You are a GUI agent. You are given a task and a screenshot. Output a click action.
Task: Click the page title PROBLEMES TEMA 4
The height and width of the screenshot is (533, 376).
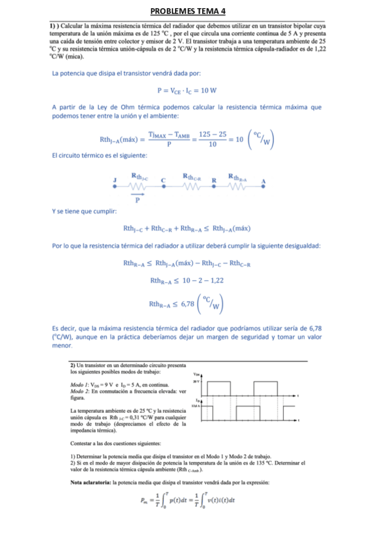[x=188, y=12]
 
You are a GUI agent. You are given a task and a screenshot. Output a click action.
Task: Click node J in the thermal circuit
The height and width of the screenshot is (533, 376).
[x=115, y=180]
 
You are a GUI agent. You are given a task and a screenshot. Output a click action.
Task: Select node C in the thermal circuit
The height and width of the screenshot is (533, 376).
[x=164, y=180]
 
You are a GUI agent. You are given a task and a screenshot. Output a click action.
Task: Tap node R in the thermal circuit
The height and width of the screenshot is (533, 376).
[x=214, y=180]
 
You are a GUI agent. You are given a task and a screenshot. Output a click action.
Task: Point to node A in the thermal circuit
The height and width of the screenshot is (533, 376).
[x=264, y=180]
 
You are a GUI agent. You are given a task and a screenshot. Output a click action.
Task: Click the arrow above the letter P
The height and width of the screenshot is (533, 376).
[x=137, y=194]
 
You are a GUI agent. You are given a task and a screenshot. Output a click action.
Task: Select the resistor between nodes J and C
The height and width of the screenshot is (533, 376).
[x=139, y=185]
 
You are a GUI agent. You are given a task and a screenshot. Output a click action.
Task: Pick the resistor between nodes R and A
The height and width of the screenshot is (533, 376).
[x=239, y=185]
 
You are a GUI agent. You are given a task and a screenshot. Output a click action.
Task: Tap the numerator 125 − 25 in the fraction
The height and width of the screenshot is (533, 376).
[x=213, y=132]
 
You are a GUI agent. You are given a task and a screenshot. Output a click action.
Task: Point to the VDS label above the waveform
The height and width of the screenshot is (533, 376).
[x=196, y=373]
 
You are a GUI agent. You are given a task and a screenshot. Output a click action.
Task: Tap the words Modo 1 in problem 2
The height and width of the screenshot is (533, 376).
[x=79, y=384]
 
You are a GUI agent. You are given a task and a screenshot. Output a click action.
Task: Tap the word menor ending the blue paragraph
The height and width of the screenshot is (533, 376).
[x=63, y=346]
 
